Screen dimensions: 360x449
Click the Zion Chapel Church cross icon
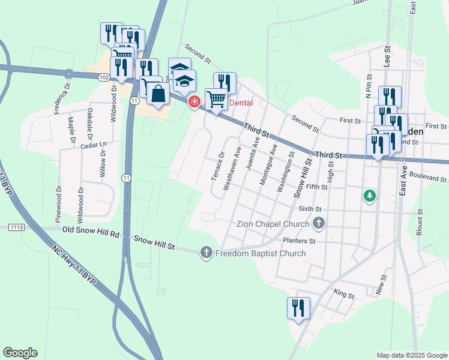319,224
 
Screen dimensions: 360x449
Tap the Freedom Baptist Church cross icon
206,253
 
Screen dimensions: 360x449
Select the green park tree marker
370,196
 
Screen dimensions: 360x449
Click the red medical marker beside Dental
194,103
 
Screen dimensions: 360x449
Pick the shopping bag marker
158,95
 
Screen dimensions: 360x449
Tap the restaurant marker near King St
298,308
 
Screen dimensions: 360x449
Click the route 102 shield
104,77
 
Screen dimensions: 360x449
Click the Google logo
20,353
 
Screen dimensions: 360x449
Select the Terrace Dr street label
217,166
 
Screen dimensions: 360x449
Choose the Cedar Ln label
92,145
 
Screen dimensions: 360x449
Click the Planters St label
299,241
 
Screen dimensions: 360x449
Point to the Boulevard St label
427,179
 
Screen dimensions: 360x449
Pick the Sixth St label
310,208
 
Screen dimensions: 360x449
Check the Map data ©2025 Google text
411,355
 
